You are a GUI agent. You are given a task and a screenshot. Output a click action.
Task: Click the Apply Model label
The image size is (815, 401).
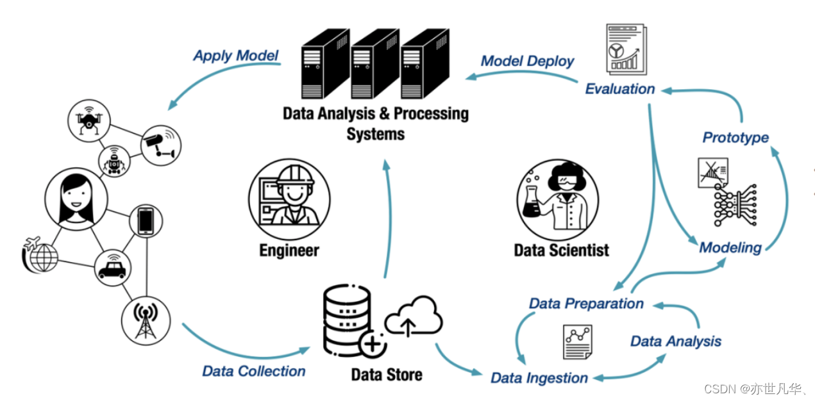[x=236, y=56]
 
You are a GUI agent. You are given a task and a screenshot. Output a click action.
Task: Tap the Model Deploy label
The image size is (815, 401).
[x=527, y=61]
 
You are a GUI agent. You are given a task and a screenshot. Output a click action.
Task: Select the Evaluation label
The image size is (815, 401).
[x=619, y=89]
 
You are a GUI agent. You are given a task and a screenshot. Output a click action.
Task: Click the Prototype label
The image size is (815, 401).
[x=735, y=137]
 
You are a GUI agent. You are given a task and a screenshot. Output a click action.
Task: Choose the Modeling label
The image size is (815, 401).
[x=730, y=248]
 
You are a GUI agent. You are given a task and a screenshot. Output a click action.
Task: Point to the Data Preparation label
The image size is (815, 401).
[x=586, y=303]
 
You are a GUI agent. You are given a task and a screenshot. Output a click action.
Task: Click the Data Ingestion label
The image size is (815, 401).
[x=539, y=378]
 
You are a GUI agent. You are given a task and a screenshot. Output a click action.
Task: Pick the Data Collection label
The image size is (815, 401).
[x=254, y=371]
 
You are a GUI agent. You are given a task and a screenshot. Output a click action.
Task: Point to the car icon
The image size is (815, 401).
[x=112, y=268]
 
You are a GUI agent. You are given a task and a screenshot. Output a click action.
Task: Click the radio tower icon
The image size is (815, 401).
[x=146, y=319]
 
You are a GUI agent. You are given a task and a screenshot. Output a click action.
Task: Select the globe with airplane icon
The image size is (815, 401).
[x=40, y=255]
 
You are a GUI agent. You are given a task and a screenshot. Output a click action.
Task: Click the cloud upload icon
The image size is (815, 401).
[x=413, y=317]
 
